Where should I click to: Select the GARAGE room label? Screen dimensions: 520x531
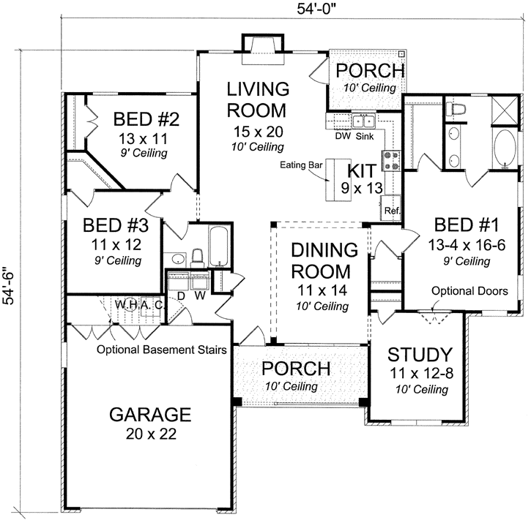pyautogui.click(x=150, y=415)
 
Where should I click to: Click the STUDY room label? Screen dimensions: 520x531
pyautogui.click(x=420, y=355)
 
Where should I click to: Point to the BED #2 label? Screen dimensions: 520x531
pyautogui.click(x=146, y=118)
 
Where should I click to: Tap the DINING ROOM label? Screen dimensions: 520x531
pyautogui.click(x=324, y=260)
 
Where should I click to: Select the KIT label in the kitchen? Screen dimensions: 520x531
pyautogui.click(x=361, y=171)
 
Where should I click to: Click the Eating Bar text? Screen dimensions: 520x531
pyautogui.click(x=302, y=166)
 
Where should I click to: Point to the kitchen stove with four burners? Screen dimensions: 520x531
pyautogui.click(x=391, y=159)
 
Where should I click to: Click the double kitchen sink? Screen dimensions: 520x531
pyautogui.click(x=363, y=121)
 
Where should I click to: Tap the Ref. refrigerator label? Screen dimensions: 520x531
pyautogui.click(x=391, y=210)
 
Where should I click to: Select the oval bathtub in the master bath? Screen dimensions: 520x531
pyautogui.click(x=505, y=149)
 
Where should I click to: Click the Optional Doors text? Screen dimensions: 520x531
pyautogui.click(x=469, y=291)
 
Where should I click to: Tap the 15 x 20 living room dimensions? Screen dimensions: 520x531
pyautogui.click(x=257, y=132)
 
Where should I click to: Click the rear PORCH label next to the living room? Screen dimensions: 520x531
pyautogui.click(x=369, y=71)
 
